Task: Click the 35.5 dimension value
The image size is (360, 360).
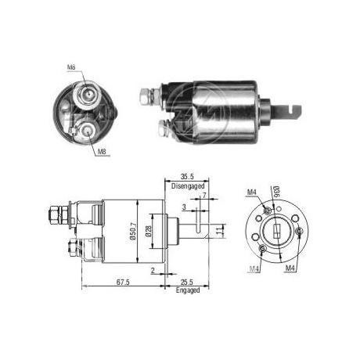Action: [x=187, y=177]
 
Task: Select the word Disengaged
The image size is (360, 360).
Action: [x=188, y=186]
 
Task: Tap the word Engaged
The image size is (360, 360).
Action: [x=188, y=290]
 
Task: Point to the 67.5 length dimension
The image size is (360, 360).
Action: [x=123, y=282]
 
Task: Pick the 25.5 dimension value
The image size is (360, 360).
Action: [x=187, y=282]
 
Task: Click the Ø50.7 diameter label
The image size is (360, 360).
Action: [x=133, y=231]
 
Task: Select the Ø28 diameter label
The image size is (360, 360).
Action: [x=148, y=231]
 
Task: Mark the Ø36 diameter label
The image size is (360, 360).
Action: [x=275, y=193]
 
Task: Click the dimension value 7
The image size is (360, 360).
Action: [x=204, y=195]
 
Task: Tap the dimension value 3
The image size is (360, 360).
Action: [x=184, y=207]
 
